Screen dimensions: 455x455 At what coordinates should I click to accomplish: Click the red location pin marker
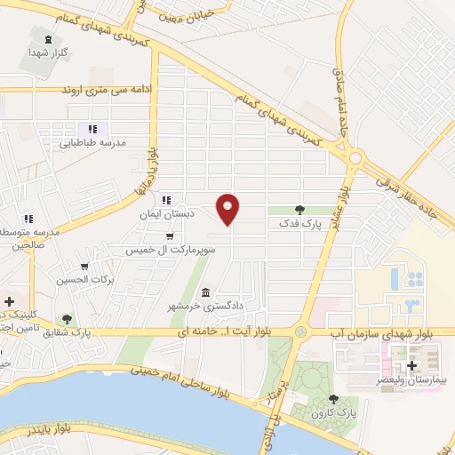tap(228, 208)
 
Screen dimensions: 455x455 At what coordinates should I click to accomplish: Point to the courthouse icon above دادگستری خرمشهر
tap(206, 293)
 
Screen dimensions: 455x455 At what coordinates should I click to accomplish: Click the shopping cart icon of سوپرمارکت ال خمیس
tap(170, 236)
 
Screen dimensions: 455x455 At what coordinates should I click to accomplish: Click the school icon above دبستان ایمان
tap(167, 199)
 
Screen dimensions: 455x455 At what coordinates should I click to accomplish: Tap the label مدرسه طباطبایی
tap(93, 143)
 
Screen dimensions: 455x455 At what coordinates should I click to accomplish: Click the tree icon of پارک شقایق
tap(67, 319)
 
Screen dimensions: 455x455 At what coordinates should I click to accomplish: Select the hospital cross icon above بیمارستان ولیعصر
tap(411, 364)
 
